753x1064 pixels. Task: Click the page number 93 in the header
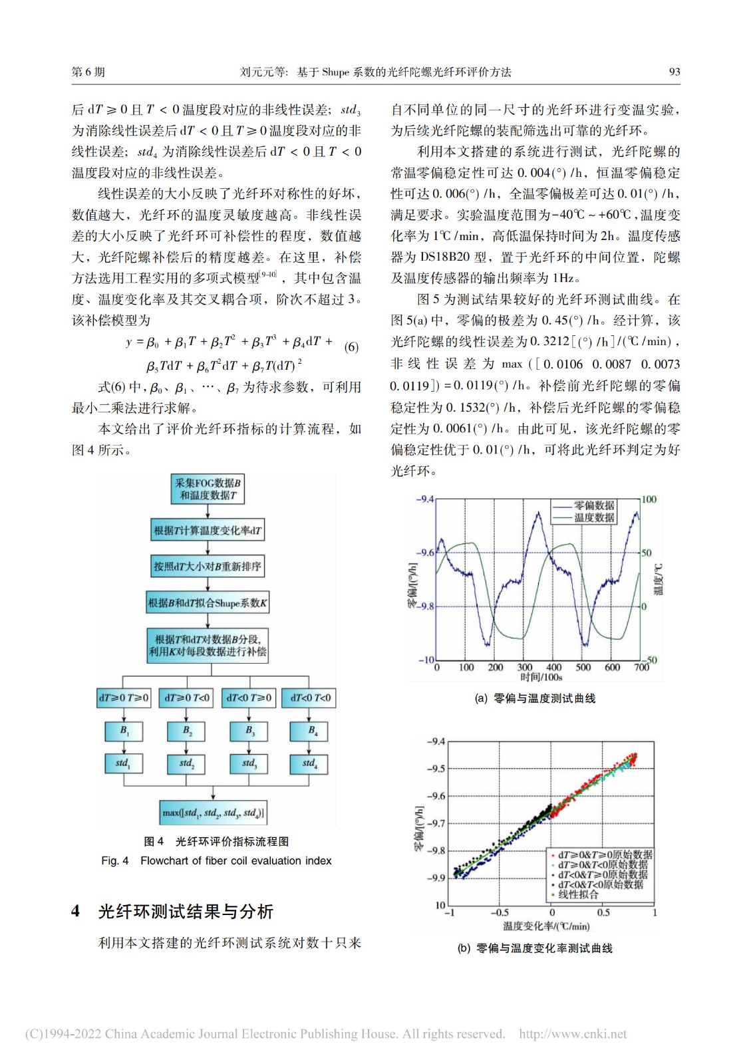point(674,72)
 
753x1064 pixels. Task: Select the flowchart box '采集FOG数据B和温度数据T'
point(208,489)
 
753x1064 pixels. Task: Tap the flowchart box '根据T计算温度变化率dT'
point(208,531)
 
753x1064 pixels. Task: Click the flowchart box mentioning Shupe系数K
point(208,603)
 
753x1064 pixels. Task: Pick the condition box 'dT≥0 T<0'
point(187,698)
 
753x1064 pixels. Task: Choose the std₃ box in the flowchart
point(249,763)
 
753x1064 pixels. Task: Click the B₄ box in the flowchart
point(310,731)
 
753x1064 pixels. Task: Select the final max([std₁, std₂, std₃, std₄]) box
point(213,813)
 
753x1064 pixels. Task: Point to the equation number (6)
point(351,347)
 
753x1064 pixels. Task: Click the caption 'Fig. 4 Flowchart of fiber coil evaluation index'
point(216,861)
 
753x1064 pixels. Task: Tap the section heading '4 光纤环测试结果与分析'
point(172,911)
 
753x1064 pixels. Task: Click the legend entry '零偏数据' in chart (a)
point(594,505)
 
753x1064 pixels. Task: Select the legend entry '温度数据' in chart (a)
point(594,517)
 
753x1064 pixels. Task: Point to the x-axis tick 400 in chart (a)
point(553,667)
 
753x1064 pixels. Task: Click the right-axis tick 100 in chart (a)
point(649,499)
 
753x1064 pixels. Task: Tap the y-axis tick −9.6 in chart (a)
point(425,553)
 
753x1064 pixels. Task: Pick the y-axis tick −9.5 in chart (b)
point(436,769)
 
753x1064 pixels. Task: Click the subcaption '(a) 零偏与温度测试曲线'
point(535,698)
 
